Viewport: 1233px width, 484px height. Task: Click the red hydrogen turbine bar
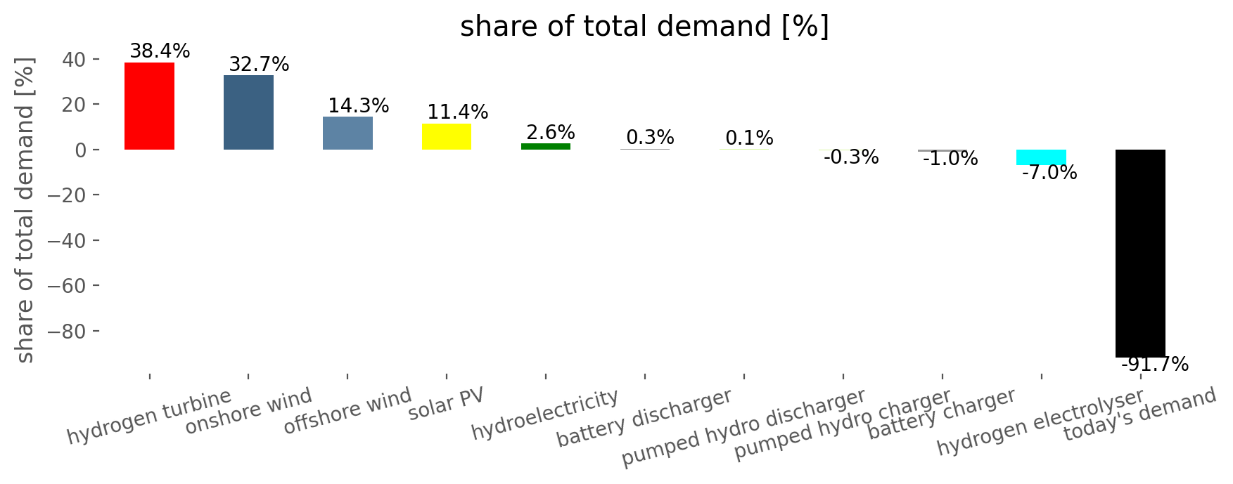(149, 106)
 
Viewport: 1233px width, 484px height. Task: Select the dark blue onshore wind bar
(248, 112)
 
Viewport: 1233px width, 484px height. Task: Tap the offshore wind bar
(347, 133)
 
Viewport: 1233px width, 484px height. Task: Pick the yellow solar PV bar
(447, 137)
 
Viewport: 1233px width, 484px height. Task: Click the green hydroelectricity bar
(546, 146)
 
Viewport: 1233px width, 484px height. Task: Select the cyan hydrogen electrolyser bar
(1041, 157)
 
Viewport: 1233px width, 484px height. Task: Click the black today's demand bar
(1140, 254)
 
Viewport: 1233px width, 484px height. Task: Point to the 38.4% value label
(160, 51)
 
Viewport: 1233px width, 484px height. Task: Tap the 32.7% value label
(259, 65)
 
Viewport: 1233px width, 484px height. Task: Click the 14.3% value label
(358, 106)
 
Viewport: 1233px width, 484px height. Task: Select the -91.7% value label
(1154, 365)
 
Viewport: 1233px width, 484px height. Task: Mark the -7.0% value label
(1049, 173)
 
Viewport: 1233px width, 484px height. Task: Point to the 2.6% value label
(551, 133)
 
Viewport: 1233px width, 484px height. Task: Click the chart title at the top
(644, 27)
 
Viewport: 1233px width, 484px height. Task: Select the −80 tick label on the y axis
(68, 332)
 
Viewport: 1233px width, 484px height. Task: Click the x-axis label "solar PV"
(447, 404)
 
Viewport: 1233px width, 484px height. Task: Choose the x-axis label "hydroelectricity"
(545, 414)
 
